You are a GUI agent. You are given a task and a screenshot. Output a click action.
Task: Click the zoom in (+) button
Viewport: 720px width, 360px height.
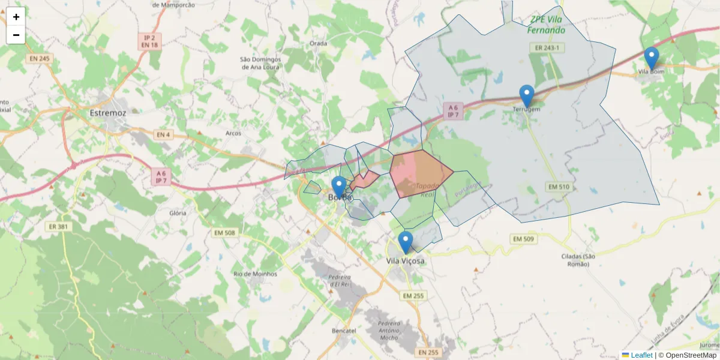tap(16, 17)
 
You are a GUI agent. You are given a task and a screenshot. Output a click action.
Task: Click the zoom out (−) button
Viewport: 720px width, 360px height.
tap(16, 35)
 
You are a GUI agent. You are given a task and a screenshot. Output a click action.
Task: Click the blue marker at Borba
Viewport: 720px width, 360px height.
tap(339, 187)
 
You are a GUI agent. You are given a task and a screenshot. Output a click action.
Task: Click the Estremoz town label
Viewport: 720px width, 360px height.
tap(108, 113)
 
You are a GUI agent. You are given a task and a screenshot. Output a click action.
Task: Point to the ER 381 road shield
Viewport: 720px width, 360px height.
tap(56, 226)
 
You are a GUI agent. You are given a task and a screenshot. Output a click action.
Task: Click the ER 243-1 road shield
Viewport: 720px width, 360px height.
tap(546, 47)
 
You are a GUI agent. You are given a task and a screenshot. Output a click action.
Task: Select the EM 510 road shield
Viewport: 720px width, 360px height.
tap(558, 187)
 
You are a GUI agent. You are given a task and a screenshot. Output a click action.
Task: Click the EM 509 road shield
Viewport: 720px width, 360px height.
tap(523, 239)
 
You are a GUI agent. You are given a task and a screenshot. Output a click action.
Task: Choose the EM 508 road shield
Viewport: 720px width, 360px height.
tap(225, 232)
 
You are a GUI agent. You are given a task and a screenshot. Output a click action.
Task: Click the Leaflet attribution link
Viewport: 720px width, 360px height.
tap(641, 355)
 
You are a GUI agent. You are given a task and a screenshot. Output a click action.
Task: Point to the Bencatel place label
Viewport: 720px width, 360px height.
tap(344, 331)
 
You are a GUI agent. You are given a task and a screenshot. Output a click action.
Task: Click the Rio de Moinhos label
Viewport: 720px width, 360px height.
tap(256, 274)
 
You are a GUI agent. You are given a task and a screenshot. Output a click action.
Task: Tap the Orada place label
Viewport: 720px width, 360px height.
tap(318, 43)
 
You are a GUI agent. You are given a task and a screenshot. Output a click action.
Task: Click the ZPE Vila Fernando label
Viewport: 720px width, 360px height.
tap(547, 25)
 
